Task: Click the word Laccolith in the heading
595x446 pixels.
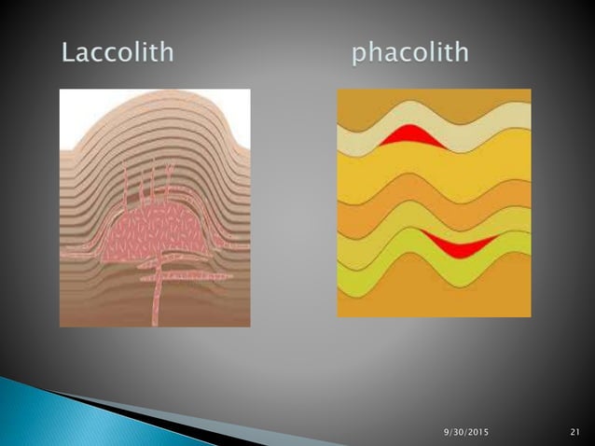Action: (118, 51)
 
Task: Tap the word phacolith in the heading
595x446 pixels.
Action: (409, 52)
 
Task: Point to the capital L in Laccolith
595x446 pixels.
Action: (68, 51)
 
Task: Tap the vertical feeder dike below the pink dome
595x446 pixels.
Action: (159, 294)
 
